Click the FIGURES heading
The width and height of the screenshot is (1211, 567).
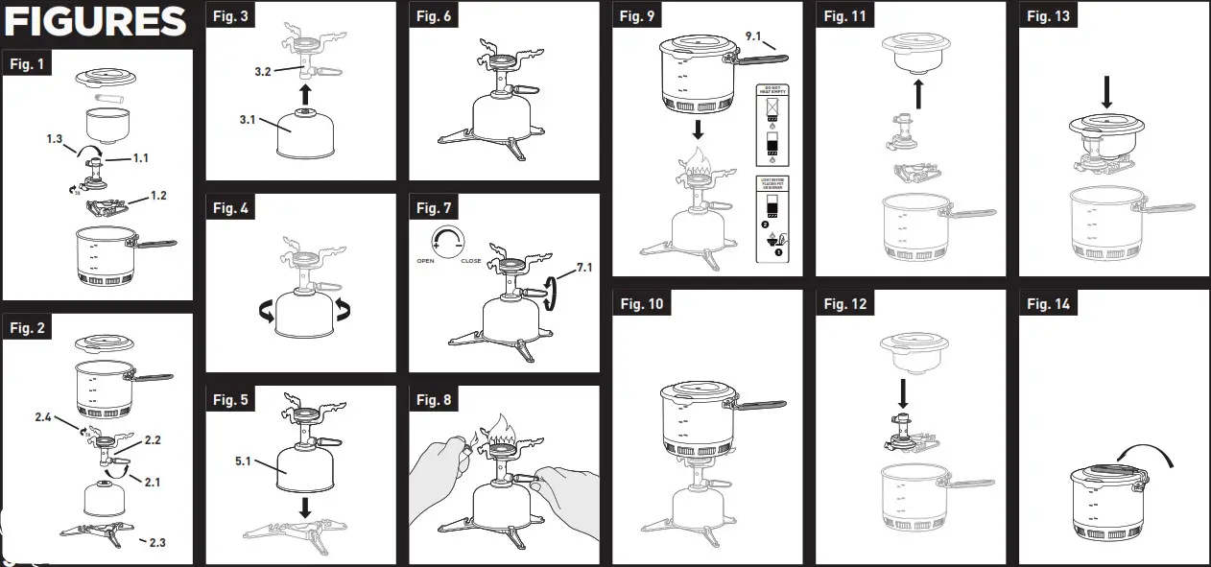pos(95,21)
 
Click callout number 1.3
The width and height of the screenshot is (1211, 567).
pos(56,140)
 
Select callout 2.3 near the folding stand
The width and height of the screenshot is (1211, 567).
pos(153,543)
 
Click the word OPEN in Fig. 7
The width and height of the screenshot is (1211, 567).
pos(427,261)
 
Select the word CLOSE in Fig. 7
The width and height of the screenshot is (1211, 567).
pos(471,261)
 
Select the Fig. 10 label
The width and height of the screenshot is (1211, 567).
pos(641,304)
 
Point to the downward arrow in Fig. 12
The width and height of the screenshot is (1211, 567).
pos(903,391)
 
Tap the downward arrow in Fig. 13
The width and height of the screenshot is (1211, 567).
pos(1106,92)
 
